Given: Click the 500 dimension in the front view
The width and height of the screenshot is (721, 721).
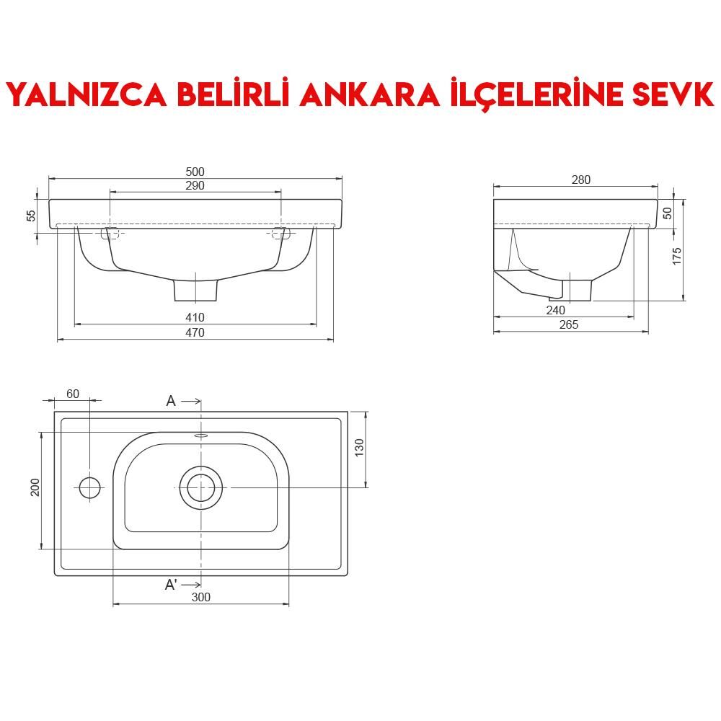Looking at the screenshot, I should point(195,172).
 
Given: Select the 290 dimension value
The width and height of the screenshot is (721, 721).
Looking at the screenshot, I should point(195,185).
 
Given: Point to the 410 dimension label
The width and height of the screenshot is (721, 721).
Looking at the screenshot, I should point(195,317).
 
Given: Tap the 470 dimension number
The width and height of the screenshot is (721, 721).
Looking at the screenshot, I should point(195,332).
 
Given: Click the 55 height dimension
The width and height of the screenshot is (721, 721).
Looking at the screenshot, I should point(31,216).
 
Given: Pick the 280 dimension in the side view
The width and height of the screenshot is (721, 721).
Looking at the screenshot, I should point(581,180).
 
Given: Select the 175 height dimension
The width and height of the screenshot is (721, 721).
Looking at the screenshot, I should point(677,255).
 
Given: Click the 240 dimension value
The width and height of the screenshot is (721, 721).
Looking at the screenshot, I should point(555,310).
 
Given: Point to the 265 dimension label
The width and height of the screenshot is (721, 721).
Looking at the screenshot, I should point(569,325).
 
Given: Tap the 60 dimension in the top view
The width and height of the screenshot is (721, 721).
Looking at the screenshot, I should point(73,394).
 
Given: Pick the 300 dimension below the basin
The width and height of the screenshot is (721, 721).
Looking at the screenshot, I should point(201,597).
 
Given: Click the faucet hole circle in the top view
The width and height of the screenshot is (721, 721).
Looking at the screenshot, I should point(89,487).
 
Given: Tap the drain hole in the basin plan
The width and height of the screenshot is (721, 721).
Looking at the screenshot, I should point(201,487).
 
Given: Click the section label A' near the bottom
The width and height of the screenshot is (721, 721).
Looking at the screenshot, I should point(171,585).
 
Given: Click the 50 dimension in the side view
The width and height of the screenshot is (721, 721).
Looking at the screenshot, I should point(668,213).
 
